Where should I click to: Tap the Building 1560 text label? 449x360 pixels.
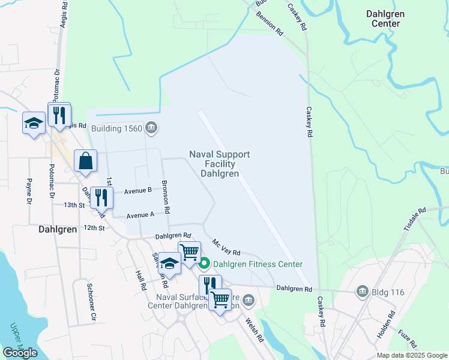pyautogui.click(x=116, y=128)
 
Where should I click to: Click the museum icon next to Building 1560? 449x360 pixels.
pyautogui.click(x=151, y=127)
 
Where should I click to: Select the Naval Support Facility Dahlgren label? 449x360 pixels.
pyautogui.click(x=219, y=164)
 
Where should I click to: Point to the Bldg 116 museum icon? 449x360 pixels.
pyautogui.click(x=362, y=292)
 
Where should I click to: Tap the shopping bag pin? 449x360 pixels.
pyautogui.click(x=85, y=161)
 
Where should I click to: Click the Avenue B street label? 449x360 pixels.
pyautogui.click(x=138, y=191)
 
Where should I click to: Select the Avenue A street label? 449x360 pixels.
pyautogui.click(x=140, y=214)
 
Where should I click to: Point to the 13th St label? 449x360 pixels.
pyautogui.click(x=74, y=205)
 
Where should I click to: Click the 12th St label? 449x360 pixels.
pyautogui.click(x=94, y=228)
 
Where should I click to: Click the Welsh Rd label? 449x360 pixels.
pyautogui.click(x=255, y=330)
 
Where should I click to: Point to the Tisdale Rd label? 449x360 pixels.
pyautogui.click(x=414, y=220)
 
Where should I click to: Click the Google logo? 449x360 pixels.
pyautogui.click(x=19, y=353)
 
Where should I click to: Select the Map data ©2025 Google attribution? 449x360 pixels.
pyautogui.click(x=411, y=355)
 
